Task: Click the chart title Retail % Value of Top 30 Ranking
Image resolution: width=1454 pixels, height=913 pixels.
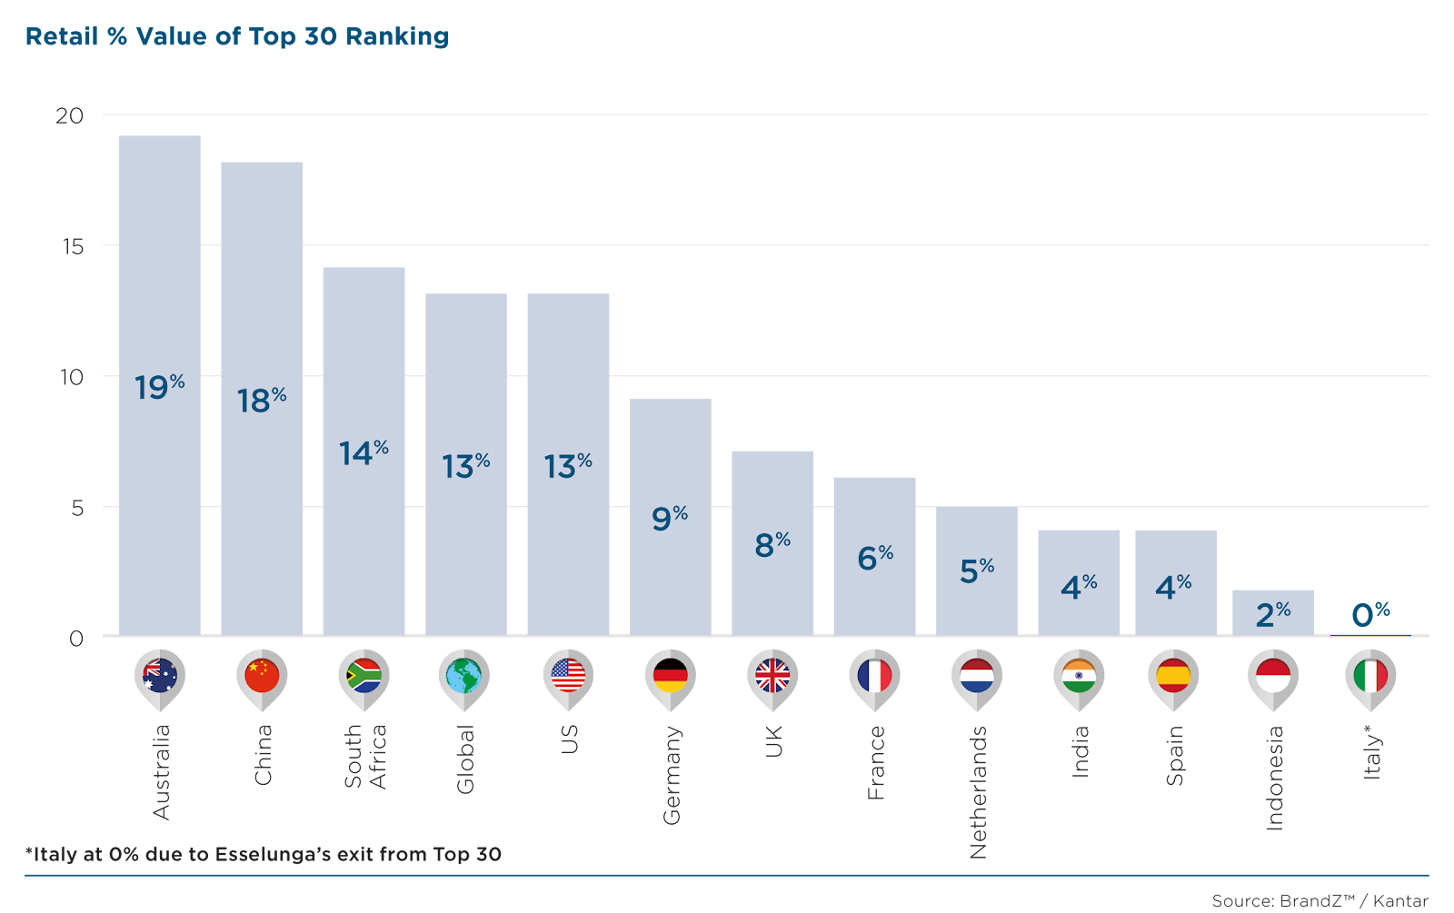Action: point(237,37)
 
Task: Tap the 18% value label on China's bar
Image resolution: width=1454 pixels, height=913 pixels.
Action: point(262,400)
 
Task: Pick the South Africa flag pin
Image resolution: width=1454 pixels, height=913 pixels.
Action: point(364,676)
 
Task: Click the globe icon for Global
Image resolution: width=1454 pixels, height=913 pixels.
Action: point(463,676)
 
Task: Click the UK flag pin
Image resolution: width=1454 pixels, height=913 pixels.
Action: point(772,676)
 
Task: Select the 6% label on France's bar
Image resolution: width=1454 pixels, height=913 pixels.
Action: point(875,557)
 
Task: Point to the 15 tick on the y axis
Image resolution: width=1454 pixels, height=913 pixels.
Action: point(72,246)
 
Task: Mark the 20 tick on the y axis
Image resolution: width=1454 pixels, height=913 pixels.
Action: point(69,115)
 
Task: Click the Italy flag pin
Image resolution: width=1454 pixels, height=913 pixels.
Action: point(1370,676)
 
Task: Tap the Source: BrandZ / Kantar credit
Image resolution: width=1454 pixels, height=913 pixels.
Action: point(1320,901)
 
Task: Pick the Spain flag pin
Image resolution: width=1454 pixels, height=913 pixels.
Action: point(1173,676)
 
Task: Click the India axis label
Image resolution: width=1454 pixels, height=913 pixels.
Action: point(1081,751)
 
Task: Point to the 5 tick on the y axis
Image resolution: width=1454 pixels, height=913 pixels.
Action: point(77,508)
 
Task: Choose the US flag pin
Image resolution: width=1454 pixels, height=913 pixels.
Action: point(568,676)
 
